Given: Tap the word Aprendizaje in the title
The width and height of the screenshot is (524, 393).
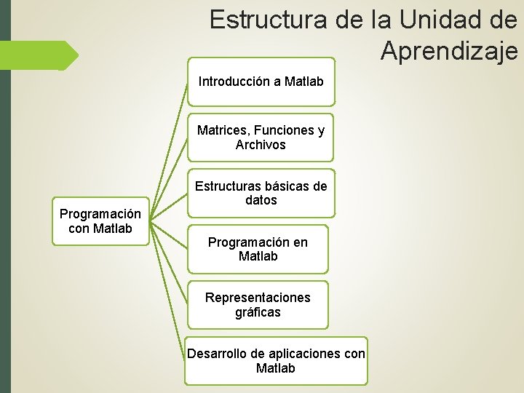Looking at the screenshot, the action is coord(448,51).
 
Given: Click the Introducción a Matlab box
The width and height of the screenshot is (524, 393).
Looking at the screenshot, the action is coord(261,82).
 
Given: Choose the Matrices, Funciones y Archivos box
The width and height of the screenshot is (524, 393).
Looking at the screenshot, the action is coord(261,138).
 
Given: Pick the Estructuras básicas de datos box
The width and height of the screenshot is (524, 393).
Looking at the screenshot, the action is coord(261,193).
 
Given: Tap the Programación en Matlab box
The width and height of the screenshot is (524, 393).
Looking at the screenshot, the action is coord(258,249).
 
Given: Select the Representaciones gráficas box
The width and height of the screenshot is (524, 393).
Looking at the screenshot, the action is coord(258,305).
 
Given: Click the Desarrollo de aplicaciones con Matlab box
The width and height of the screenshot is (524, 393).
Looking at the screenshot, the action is coord(276,361).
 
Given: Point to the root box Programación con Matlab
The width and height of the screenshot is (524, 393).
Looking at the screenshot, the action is coord(100,221).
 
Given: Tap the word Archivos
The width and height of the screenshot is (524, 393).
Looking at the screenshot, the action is coord(261,145).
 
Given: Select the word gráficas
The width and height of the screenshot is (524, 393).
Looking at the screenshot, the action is coord(258,312).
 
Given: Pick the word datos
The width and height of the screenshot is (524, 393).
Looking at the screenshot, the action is coord(261,200).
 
